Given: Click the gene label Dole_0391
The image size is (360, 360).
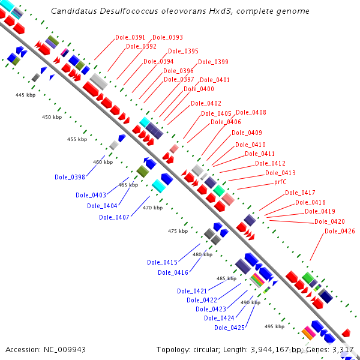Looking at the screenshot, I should [x=130, y=37].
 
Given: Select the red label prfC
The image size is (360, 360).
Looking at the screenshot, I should [x=284, y=182].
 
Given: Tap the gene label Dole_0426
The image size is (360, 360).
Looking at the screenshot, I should [x=340, y=231].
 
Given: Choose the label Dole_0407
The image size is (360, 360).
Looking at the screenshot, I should [x=114, y=217].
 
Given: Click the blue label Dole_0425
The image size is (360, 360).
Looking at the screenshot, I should [x=229, y=328].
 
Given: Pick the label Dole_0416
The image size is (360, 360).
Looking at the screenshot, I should [x=173, y=272].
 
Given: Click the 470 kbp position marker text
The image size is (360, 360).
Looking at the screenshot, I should [x=152, y=208].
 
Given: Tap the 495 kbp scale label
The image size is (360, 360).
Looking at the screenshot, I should [x=274, y=326].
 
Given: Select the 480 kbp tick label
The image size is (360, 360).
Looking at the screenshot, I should [x=202, y=254].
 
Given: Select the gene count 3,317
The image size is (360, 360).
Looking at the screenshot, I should [x=344, y=349].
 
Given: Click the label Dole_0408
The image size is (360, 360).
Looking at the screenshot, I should [x=251, y=112].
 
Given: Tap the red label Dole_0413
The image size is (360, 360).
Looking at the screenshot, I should [x=280, y=173].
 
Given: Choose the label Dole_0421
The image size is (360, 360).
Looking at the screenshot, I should [x=192, y=291].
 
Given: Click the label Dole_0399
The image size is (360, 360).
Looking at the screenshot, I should [x=213, y=62].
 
